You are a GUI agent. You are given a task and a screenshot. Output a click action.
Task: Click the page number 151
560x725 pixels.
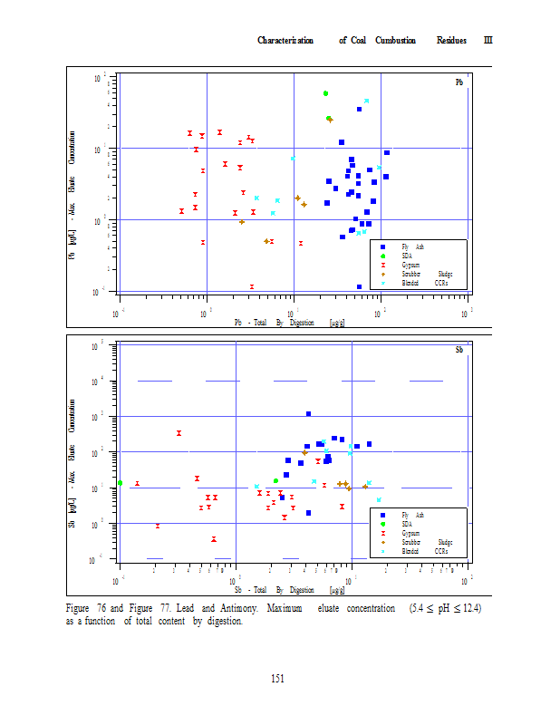click(x=279, y=680)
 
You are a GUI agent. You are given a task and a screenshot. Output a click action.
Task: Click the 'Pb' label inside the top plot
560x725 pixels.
click(x=459, y=82)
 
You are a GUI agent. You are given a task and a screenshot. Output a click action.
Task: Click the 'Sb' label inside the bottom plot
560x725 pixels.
click(x=459, y=349)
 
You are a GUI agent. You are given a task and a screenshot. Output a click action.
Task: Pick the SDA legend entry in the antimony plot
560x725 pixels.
click(x=407, y=524)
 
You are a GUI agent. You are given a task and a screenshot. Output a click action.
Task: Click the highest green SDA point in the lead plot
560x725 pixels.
click(x=325, y=93)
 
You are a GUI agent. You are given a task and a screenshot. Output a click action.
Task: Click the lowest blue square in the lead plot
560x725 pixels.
click(x=359, y=287)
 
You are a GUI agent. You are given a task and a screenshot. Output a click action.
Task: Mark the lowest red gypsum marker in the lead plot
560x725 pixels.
click(x=252, y=286)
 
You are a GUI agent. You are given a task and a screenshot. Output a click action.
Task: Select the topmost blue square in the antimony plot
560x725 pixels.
click(x=308, y=414)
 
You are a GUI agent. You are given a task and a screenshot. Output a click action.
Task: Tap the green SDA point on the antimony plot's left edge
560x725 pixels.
click(x=120, y=483)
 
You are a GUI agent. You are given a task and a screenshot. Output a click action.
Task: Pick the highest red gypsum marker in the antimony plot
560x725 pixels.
click(x=179, y=433)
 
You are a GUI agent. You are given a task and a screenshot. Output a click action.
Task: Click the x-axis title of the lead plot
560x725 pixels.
click(x=285, y=322)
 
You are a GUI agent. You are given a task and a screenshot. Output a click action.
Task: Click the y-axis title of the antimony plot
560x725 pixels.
click(x=72, y=475)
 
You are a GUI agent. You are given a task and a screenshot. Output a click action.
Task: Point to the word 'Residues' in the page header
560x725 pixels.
click(x=451, y=40)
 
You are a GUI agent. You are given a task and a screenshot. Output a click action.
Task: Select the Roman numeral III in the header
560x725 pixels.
click(x=488, y=40)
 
